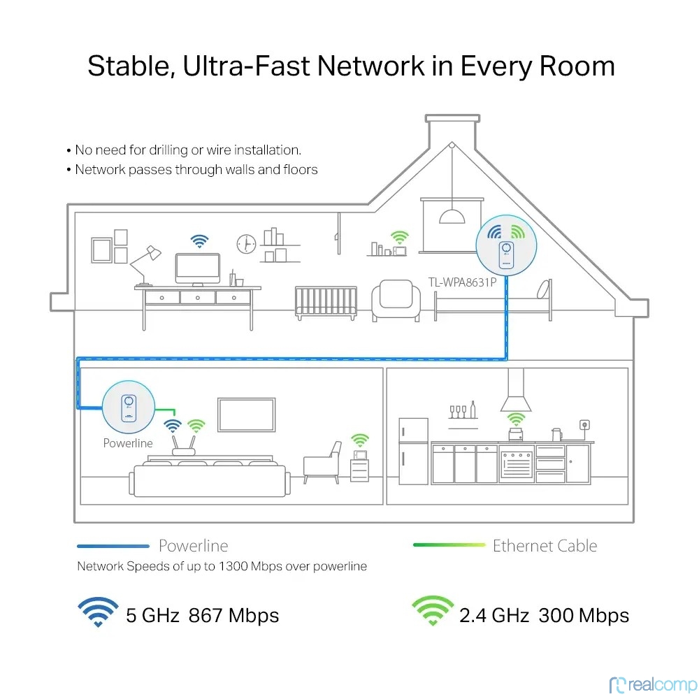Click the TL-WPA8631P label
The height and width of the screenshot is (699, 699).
click(x=461, y=284)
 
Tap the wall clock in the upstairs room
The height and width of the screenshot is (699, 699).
click(x=246, y=243)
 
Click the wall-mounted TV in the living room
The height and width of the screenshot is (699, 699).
click(x=245, y=415)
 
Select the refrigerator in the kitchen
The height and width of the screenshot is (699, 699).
click(x=413, y=451)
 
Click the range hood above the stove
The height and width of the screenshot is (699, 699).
click(x=516, y=391)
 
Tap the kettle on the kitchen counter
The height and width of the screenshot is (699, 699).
click(x=556, y=435)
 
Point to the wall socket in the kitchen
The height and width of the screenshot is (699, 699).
click(x=584, y=424)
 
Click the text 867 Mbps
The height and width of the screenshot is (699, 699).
click(x=233, y=616)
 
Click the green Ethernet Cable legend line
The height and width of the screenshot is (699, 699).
click(x=449, y=545)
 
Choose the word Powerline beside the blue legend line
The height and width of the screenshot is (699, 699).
click(x=193, y=546)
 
